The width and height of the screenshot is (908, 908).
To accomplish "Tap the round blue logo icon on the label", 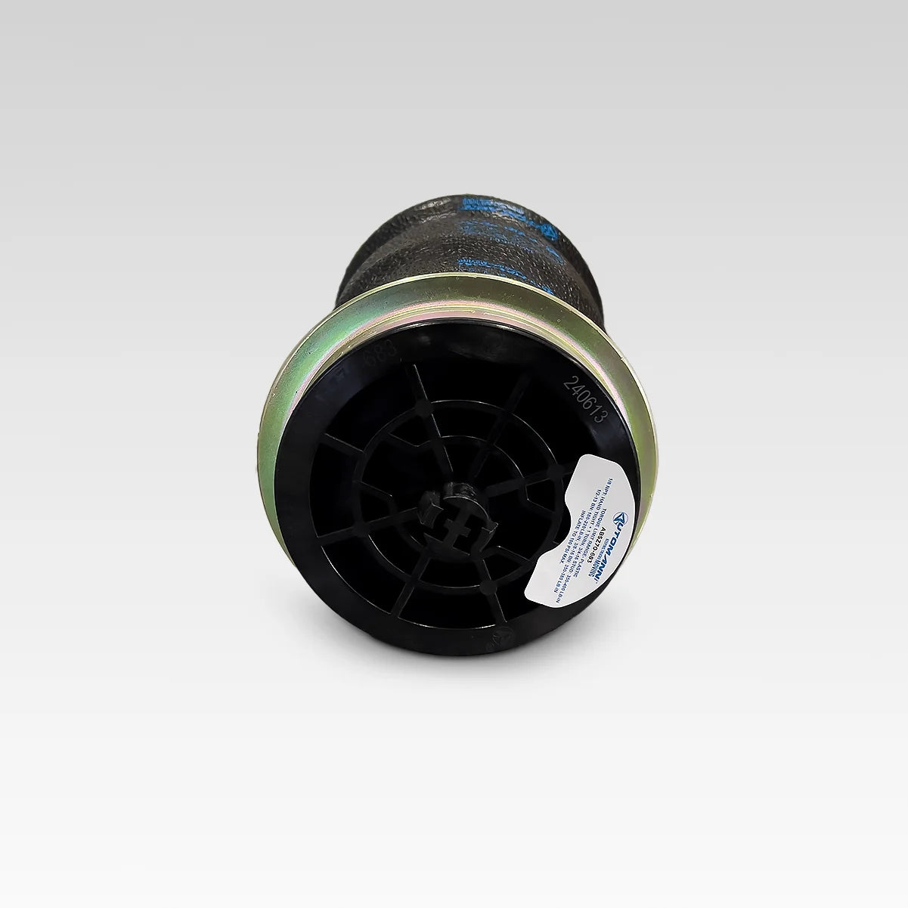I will [620, 518].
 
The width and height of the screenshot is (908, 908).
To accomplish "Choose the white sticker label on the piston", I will [597, 529].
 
